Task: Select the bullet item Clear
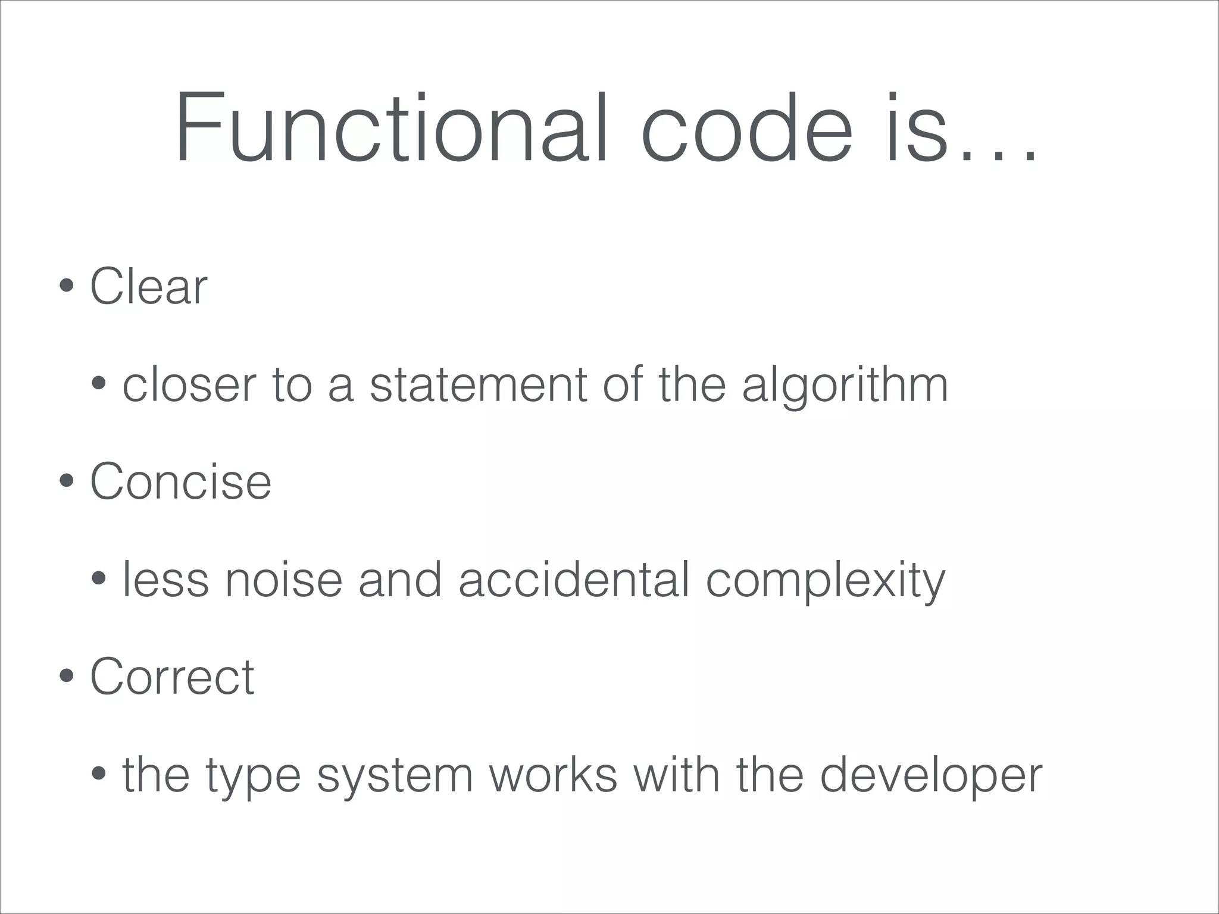[x=148, y=287]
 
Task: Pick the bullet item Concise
[x=180, y=481]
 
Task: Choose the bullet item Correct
[x=172, y=677]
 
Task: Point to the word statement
[x=479, y=385]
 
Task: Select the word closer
[x=189, y=385]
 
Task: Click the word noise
[x=283, y=580]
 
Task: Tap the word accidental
[x=574, y=580]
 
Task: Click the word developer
[x=931, y=777]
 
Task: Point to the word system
[x=395, y=777]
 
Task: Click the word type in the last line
[x=253, y=777]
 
